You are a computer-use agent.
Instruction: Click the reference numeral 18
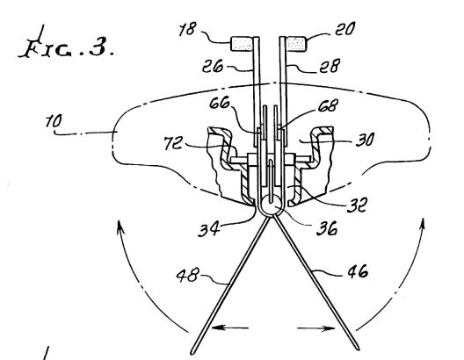point(187,29)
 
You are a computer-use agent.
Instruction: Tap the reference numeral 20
point(344,29)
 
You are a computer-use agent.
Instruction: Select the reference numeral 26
point(213,66)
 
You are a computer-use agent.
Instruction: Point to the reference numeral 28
point(330,66)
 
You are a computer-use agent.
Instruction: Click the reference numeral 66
point(220,103)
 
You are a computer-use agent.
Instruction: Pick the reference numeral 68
point(328,105)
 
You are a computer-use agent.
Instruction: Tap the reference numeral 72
point(173,142)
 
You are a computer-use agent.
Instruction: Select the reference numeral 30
point(366,140)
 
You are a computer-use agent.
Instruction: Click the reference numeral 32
point(358,205)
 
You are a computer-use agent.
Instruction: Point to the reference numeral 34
point(209,229)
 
